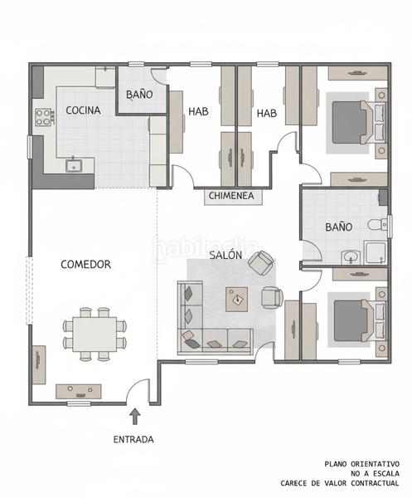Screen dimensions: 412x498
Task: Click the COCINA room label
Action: point(83,110)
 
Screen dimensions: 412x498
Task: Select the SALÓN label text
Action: point(225,255)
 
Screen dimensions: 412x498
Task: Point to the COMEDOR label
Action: point(85,264)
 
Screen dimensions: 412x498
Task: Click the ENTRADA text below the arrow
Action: point(133,440)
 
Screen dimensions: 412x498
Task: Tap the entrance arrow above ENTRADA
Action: point(135,417)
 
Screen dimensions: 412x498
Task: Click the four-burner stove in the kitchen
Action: point(44,117)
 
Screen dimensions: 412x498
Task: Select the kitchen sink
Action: point(74,165)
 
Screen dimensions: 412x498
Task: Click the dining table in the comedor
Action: point(95,334)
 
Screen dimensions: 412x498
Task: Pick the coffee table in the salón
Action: point(236,299)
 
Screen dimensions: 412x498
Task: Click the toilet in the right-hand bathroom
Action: point(377,225)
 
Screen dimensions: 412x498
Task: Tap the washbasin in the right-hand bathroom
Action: point(351,256)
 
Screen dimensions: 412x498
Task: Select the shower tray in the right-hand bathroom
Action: point(376,252)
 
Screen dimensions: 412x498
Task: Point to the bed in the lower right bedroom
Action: point(358,320)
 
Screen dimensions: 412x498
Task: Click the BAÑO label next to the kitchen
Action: point(139,95)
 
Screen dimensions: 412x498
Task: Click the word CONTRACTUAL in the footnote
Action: point(373,483)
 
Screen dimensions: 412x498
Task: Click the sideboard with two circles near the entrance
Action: point(79,392)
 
